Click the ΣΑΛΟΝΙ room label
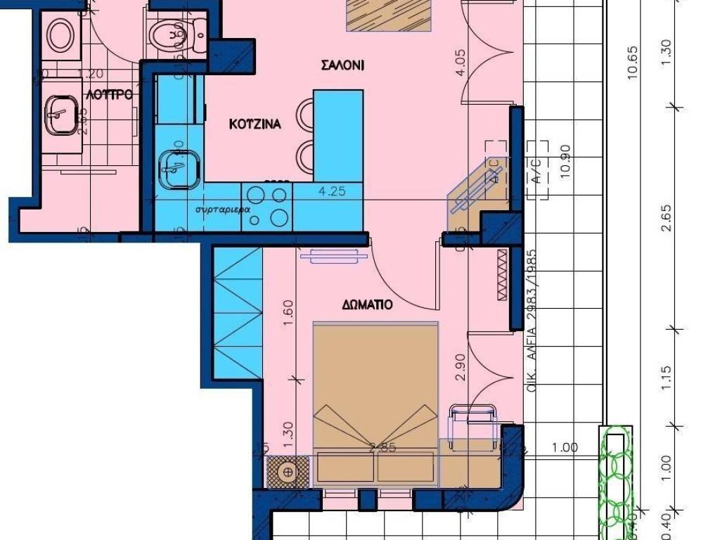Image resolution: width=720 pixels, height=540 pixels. pos(342,65)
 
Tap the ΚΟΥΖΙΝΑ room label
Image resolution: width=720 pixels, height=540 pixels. pos(255,124)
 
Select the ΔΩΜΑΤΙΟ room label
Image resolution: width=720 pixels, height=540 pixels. pos(367,305)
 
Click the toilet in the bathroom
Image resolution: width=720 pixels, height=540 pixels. pos(178,31)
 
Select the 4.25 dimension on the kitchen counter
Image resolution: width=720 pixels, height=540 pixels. pos(332,191)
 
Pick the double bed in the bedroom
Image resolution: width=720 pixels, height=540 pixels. pos(375,404)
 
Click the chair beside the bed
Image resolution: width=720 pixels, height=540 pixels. pos(472,425)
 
